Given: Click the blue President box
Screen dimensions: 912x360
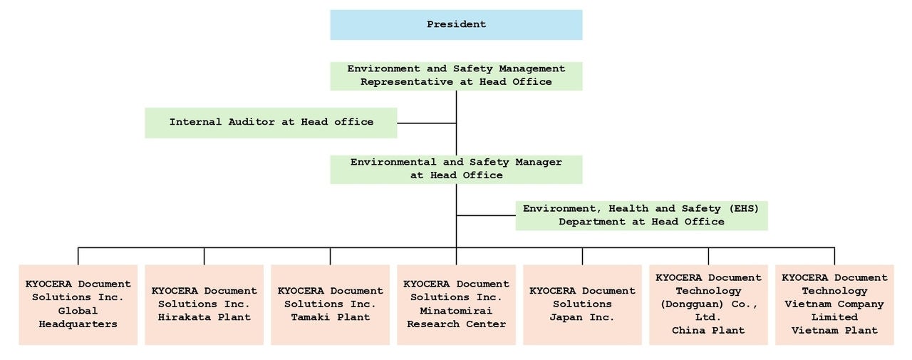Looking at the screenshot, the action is (x=456, y=25).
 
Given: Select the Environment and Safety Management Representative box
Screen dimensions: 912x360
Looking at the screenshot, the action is (x=456, y=76).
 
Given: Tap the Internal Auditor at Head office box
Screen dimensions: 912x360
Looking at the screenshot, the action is (x=271, y=123).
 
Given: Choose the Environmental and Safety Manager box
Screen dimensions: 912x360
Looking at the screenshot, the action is (x=456, y=170).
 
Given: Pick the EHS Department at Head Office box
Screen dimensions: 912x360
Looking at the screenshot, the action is (x=642, y=215).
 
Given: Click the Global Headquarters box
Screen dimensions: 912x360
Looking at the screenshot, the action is (x=78, y=305).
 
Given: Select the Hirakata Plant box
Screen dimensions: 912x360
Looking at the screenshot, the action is (x=204, y=305).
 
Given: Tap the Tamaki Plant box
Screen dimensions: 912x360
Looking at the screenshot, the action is (x=330, y=305).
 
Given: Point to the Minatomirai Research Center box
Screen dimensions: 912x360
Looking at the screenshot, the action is (x=456, y=305).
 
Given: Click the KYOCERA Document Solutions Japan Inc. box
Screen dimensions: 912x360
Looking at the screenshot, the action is (x=582, y=305).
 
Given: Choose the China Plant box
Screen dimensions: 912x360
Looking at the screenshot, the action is (x=708, y=305).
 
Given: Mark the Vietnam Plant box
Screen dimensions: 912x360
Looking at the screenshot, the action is (x=834, y=305).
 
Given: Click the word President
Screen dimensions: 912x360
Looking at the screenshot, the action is (x=456, y=24).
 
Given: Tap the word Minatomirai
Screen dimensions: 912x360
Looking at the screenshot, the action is (x=456, y=311).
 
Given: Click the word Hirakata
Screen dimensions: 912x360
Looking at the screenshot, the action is (x=185, y=317).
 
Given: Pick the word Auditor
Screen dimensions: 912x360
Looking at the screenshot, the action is (x=252, y=122).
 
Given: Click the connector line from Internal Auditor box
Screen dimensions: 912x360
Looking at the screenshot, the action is (x=427, y=123).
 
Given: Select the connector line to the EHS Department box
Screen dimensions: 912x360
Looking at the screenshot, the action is (x=486, y=215).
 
